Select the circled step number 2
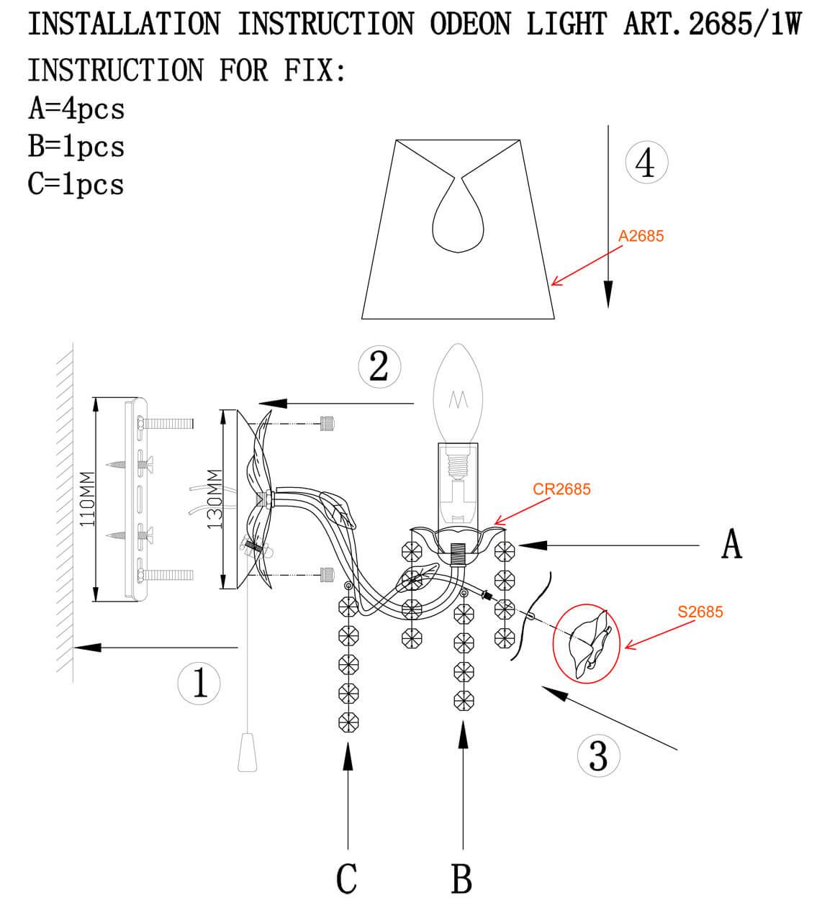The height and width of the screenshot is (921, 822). [379, 366]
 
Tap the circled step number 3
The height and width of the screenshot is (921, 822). [598, 756]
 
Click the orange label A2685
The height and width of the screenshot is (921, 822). [641, 236]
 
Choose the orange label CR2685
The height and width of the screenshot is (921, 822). [561, 489]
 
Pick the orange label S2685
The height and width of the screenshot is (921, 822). [700, 612]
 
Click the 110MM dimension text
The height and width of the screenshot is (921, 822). [87, 500]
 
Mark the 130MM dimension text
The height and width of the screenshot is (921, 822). [214, 499]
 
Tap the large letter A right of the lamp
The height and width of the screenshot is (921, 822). [731, 545]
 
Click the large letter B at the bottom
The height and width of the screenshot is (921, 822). [461, 879]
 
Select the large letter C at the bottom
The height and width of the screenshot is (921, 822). [347, 879]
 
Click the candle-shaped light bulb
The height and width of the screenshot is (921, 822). [458, 393]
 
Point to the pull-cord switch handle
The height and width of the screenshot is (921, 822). [247, 752]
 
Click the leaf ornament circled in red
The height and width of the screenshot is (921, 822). [587, 643]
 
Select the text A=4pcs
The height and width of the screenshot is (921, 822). [76, 109]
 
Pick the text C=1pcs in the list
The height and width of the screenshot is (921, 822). [76, 184]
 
